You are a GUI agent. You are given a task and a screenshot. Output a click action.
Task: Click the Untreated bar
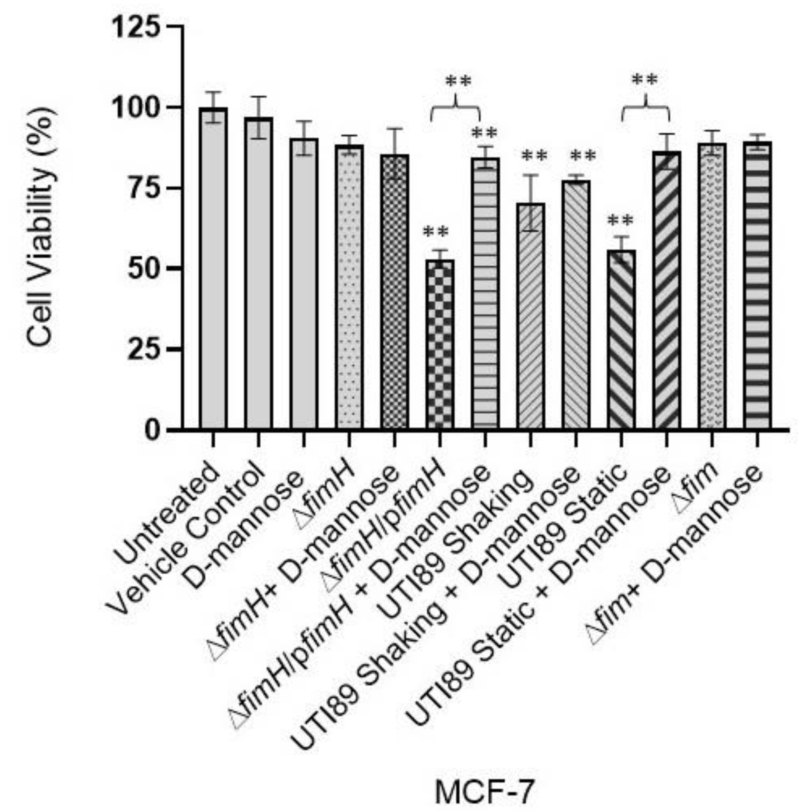point(213,268)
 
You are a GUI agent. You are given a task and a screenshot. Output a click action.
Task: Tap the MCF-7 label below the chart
point(485,780)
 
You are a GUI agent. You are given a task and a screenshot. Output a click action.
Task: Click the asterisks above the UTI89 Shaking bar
point(534,156)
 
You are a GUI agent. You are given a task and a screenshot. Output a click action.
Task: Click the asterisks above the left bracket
point(458,81)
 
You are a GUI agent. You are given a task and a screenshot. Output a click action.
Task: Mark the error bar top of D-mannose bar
point(304,122)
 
